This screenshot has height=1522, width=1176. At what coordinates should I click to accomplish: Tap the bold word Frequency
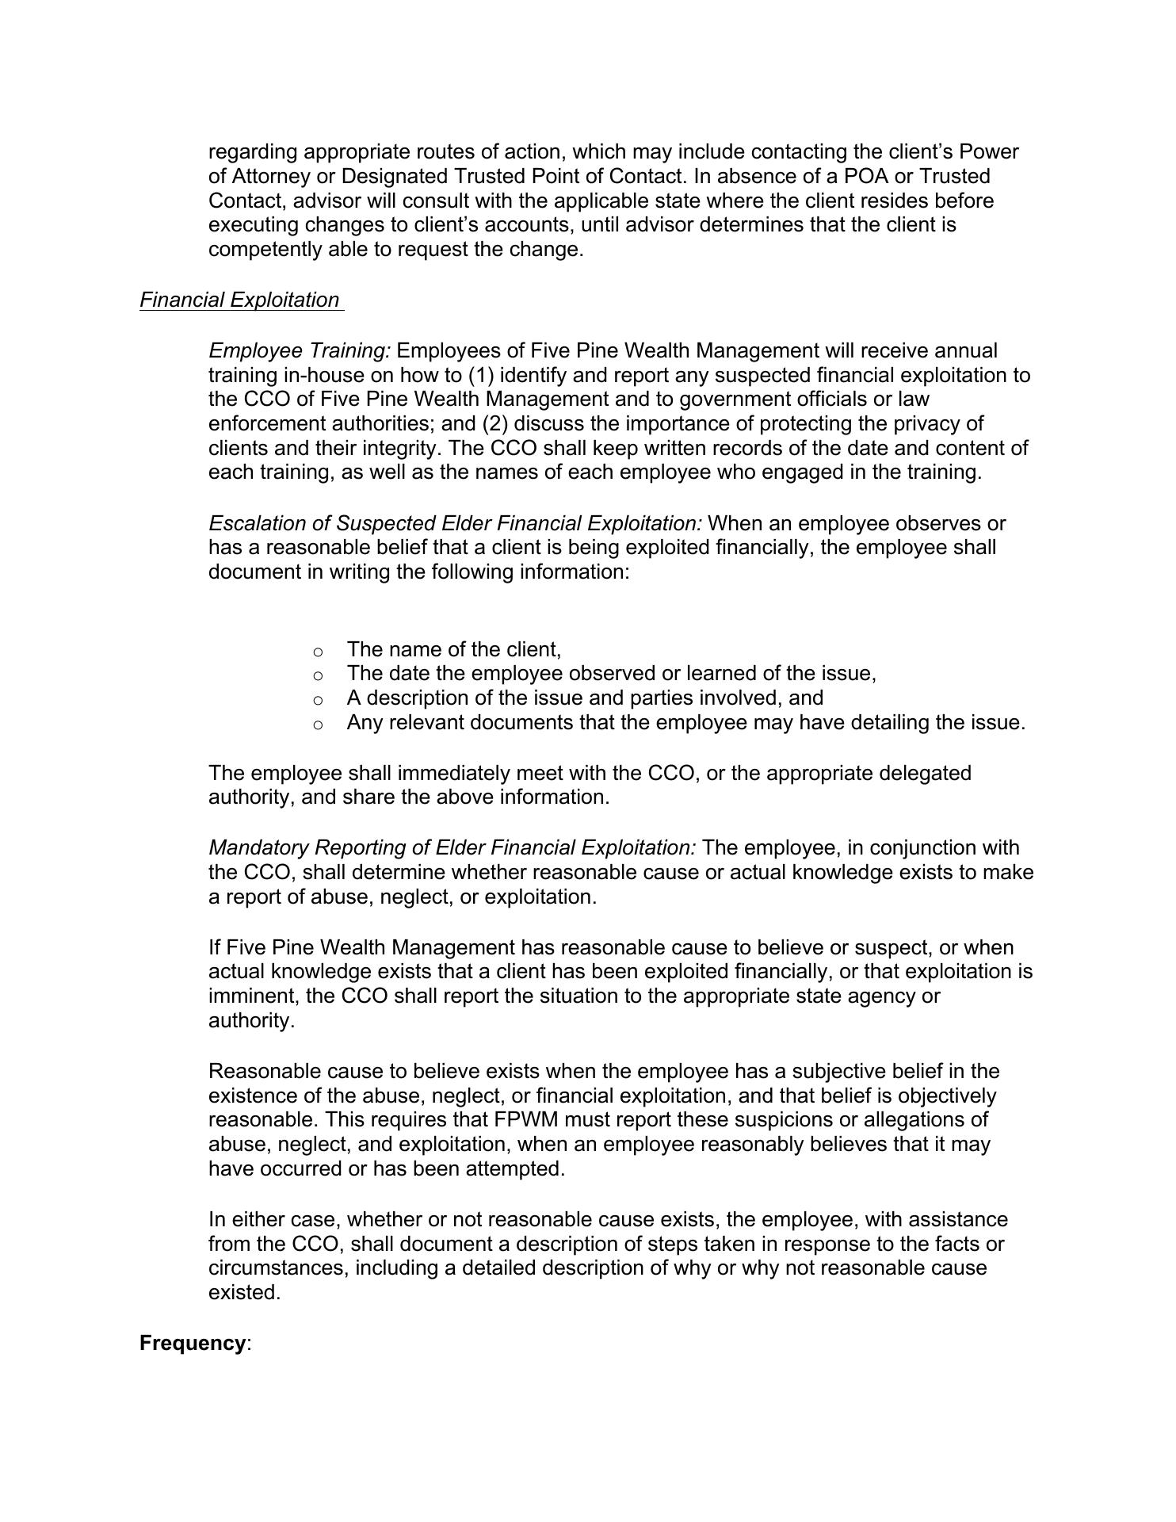192,1344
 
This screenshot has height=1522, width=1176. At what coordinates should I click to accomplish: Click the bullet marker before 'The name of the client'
318,652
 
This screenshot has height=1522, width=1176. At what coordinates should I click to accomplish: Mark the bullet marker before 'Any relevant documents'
318,725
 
